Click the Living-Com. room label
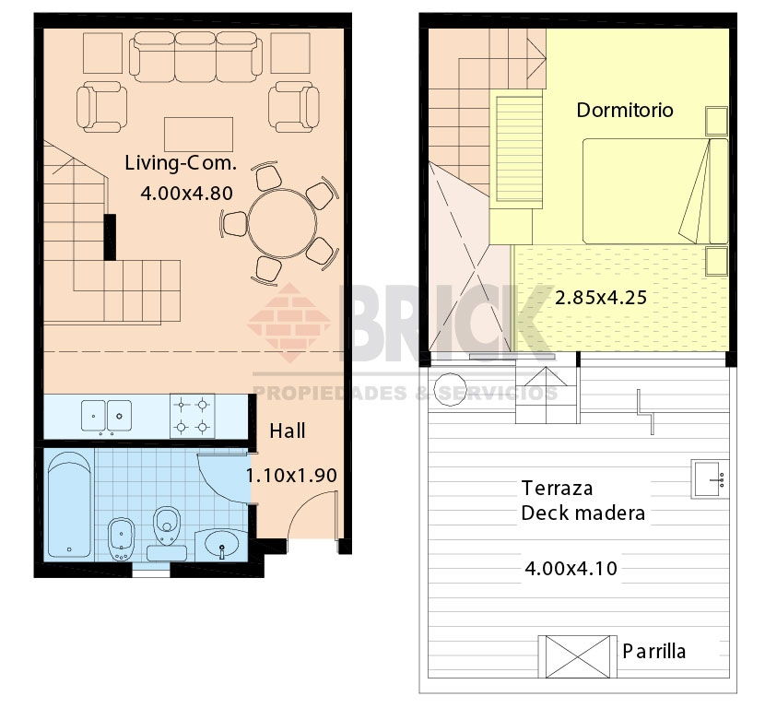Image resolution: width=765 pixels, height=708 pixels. point(181,163)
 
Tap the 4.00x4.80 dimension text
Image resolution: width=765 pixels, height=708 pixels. point(187,194)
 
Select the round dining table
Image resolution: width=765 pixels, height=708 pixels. point(282,224)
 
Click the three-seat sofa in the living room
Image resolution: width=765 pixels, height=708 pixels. point(195,56)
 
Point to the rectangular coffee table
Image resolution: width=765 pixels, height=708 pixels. point(198,135)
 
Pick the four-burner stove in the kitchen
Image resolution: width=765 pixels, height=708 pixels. point(193,416)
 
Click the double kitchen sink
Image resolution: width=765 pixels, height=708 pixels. point(106,416)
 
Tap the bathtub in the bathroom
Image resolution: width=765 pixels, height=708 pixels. point(70,505)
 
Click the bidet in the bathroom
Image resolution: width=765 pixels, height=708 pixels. point(121,538)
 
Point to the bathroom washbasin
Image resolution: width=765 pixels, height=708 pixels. point(222,544)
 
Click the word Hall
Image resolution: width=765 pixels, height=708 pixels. point(288,431)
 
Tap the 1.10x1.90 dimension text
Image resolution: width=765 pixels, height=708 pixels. point(292,476)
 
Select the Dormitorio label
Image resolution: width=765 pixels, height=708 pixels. point(625,111)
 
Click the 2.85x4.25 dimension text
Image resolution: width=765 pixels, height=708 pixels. point(601,298)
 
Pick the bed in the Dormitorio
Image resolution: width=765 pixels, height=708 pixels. point(655,191)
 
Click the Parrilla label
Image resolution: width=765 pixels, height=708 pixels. point(654,652)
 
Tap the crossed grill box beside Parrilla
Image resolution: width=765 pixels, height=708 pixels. point(578,656)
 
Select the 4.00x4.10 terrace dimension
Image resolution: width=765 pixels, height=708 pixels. point(571,569)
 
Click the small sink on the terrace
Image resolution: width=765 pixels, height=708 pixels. point(710,478)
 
